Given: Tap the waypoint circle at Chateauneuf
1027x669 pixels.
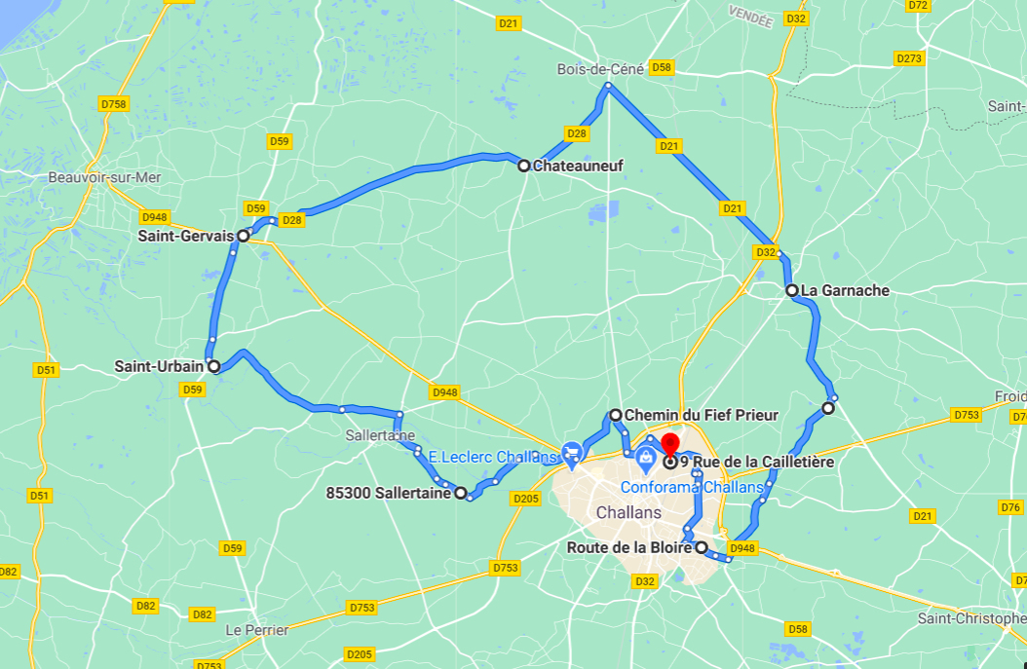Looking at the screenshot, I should (x=523, y=166).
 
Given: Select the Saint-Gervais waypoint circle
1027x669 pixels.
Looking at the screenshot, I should (x=243, y=236).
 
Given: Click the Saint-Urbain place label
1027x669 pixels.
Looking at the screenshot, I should (x=159, y=367).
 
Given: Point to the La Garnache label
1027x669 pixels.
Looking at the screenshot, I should (x=845, y=290).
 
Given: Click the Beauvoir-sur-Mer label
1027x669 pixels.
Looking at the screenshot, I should (x=104, y=177).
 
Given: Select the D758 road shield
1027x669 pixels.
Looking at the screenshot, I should (x=114, y=104).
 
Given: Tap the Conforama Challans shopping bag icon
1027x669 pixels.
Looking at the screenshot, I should (x=644, y=457).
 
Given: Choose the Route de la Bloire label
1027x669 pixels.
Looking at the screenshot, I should (x=628, y=547).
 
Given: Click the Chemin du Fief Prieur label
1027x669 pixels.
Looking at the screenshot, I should (x=701, y=416).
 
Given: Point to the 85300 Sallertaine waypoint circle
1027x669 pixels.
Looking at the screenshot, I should (x=461, y=493).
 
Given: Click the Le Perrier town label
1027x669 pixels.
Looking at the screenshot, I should (x=257, y=630).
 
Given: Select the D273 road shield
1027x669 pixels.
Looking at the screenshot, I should (x=908, y=58).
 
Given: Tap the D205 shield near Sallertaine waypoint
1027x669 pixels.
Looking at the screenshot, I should (x=525, y=499).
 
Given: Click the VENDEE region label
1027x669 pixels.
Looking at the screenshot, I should (x=750, y=16).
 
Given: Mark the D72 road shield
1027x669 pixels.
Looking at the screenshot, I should (x=917, y=5).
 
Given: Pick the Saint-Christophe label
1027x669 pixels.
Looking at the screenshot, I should (x=971, y=619).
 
